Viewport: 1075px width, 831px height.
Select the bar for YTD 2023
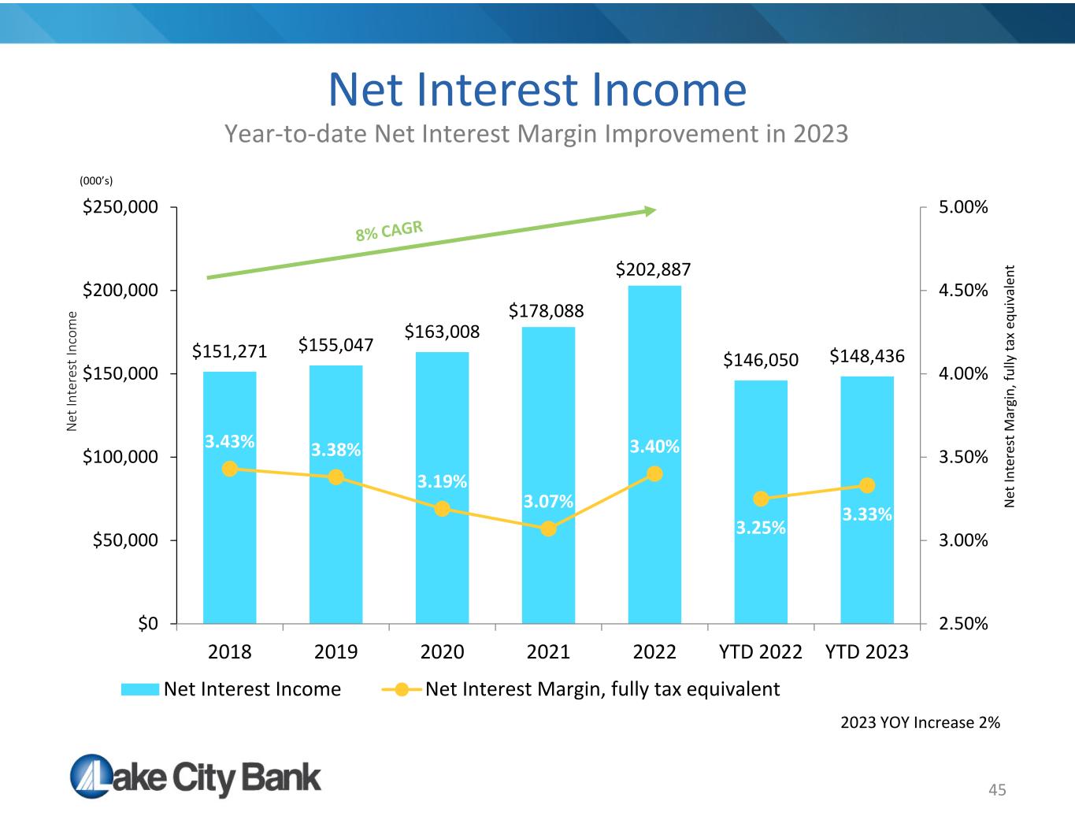[x=867, y=499]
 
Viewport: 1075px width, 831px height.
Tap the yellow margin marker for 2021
[x=548, y=529]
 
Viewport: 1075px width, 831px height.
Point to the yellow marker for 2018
[x=229, y=469]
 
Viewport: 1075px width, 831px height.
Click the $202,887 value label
[x=653, y=269]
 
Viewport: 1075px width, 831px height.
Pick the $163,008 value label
[x=442, y=332]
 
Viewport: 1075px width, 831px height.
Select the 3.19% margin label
[x=442, y=481]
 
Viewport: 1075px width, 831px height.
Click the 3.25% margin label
[x=760, y=528]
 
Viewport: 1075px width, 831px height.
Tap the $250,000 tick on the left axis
[x=120, y=206]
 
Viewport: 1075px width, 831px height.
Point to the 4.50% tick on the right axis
[x=963, y=290]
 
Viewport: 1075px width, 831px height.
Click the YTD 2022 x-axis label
[x=760, y=652]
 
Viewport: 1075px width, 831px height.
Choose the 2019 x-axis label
[x=336, y=652]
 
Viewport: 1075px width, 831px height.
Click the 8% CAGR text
[x=389, y=231]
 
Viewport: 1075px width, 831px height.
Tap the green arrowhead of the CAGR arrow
[x=651, y=211]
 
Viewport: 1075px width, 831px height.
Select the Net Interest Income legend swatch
[x=140, y=689]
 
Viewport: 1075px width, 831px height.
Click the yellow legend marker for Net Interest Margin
[x=402, y=689]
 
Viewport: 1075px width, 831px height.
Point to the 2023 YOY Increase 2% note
[x=920, y=722]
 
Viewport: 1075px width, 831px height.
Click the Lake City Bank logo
[x=195, y=777]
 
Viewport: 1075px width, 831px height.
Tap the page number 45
[x=997, y=790]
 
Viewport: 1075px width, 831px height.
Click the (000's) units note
[x=96, y=180]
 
